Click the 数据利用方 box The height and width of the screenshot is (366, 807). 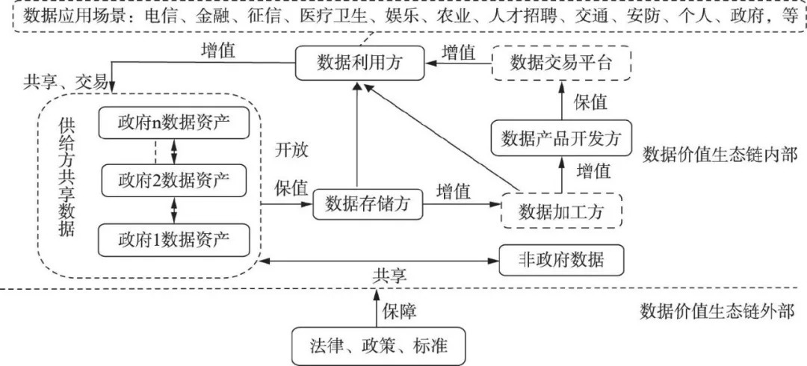point(359,63)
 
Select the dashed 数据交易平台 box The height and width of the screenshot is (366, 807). point(561,63)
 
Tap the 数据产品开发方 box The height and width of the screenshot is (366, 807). point(561,137)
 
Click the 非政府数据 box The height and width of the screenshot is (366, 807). point(561,260)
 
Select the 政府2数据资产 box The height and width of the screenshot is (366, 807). point(173,180)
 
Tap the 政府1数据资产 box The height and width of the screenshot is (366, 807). point(173,240)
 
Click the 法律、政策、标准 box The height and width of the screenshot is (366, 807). point(379,345)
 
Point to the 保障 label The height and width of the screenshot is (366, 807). point(402,309)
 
